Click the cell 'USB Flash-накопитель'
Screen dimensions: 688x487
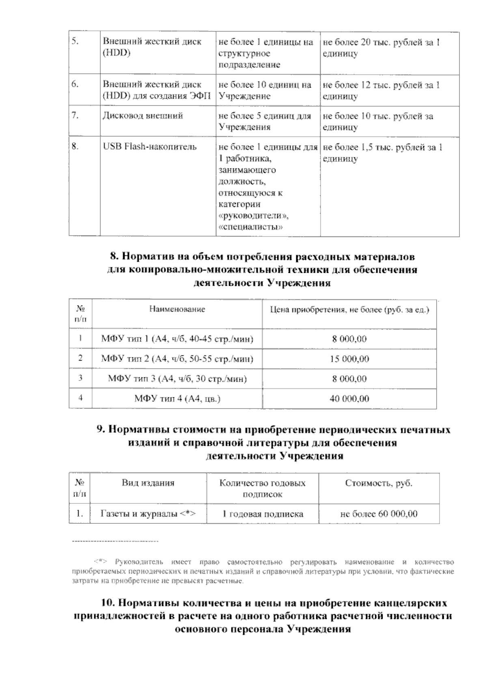pyautogui.click(x=149, y=147)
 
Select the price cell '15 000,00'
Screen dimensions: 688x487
pyautogui.click(x=349, y=359)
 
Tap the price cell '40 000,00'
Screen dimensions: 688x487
pyautogui.click(x=349, y=399)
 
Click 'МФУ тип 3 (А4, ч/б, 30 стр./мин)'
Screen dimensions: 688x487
pyautogui.click(x=177, y=379)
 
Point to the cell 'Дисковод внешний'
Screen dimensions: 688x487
pyautogui.click(x=142, y=116)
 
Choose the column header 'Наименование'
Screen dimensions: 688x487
pyautogui.click(x=177, y=310)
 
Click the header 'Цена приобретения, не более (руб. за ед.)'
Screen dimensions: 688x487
pyautogui.click(x=349, y=310)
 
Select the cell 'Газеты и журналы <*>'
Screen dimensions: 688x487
pyautogui.click(x=148, y=514)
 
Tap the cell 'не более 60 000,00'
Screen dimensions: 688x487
pyautogui.click(x=379, y=514)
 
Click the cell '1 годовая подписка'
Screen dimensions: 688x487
pyautogui.click(x=263, y=514)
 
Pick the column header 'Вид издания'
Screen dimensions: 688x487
pyautogui.click(x=148, y=483)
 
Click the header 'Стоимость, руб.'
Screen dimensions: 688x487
pyautogui.click(x=379, y=483)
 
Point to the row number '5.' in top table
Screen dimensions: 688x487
pyautogui.click(x=75, y=42)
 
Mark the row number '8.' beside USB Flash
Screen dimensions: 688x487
pyautogui.click(x=75, y=147)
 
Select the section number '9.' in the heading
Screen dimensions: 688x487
pyautogui.click(x=101, y=430)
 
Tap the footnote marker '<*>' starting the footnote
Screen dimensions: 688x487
pyautogui.click(x=101, y=562)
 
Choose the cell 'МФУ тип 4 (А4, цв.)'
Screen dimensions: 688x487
pyautogui.click(x=177, y=399)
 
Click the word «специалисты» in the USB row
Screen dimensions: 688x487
pyautogui.click(x=250, y=227)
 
